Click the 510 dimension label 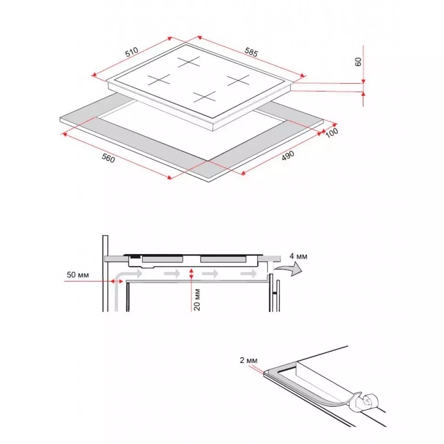pyautogui.click(x=131, y=52)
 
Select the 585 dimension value pyautogui.click(x=251, y=52)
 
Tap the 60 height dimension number pyautogui.click(x=358, y=62)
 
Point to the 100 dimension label pyautogui.click(x=332, y=132)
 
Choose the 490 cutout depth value pyautogui.click(x=288, y=156)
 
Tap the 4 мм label pyautogui.click(x=298, y=256)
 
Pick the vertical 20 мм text pyautogui.click(x=197, y=299)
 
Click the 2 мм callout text pyautogui.click(x=248, y=360)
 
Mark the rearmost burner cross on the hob pyautogui.click(x=189, y=62)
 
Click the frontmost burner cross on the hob pyautogui.click(x=205, y=97)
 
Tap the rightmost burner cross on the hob pyautogui.click(x=238, y=80)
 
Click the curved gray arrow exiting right pyautogui.click(x=289, y=269)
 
